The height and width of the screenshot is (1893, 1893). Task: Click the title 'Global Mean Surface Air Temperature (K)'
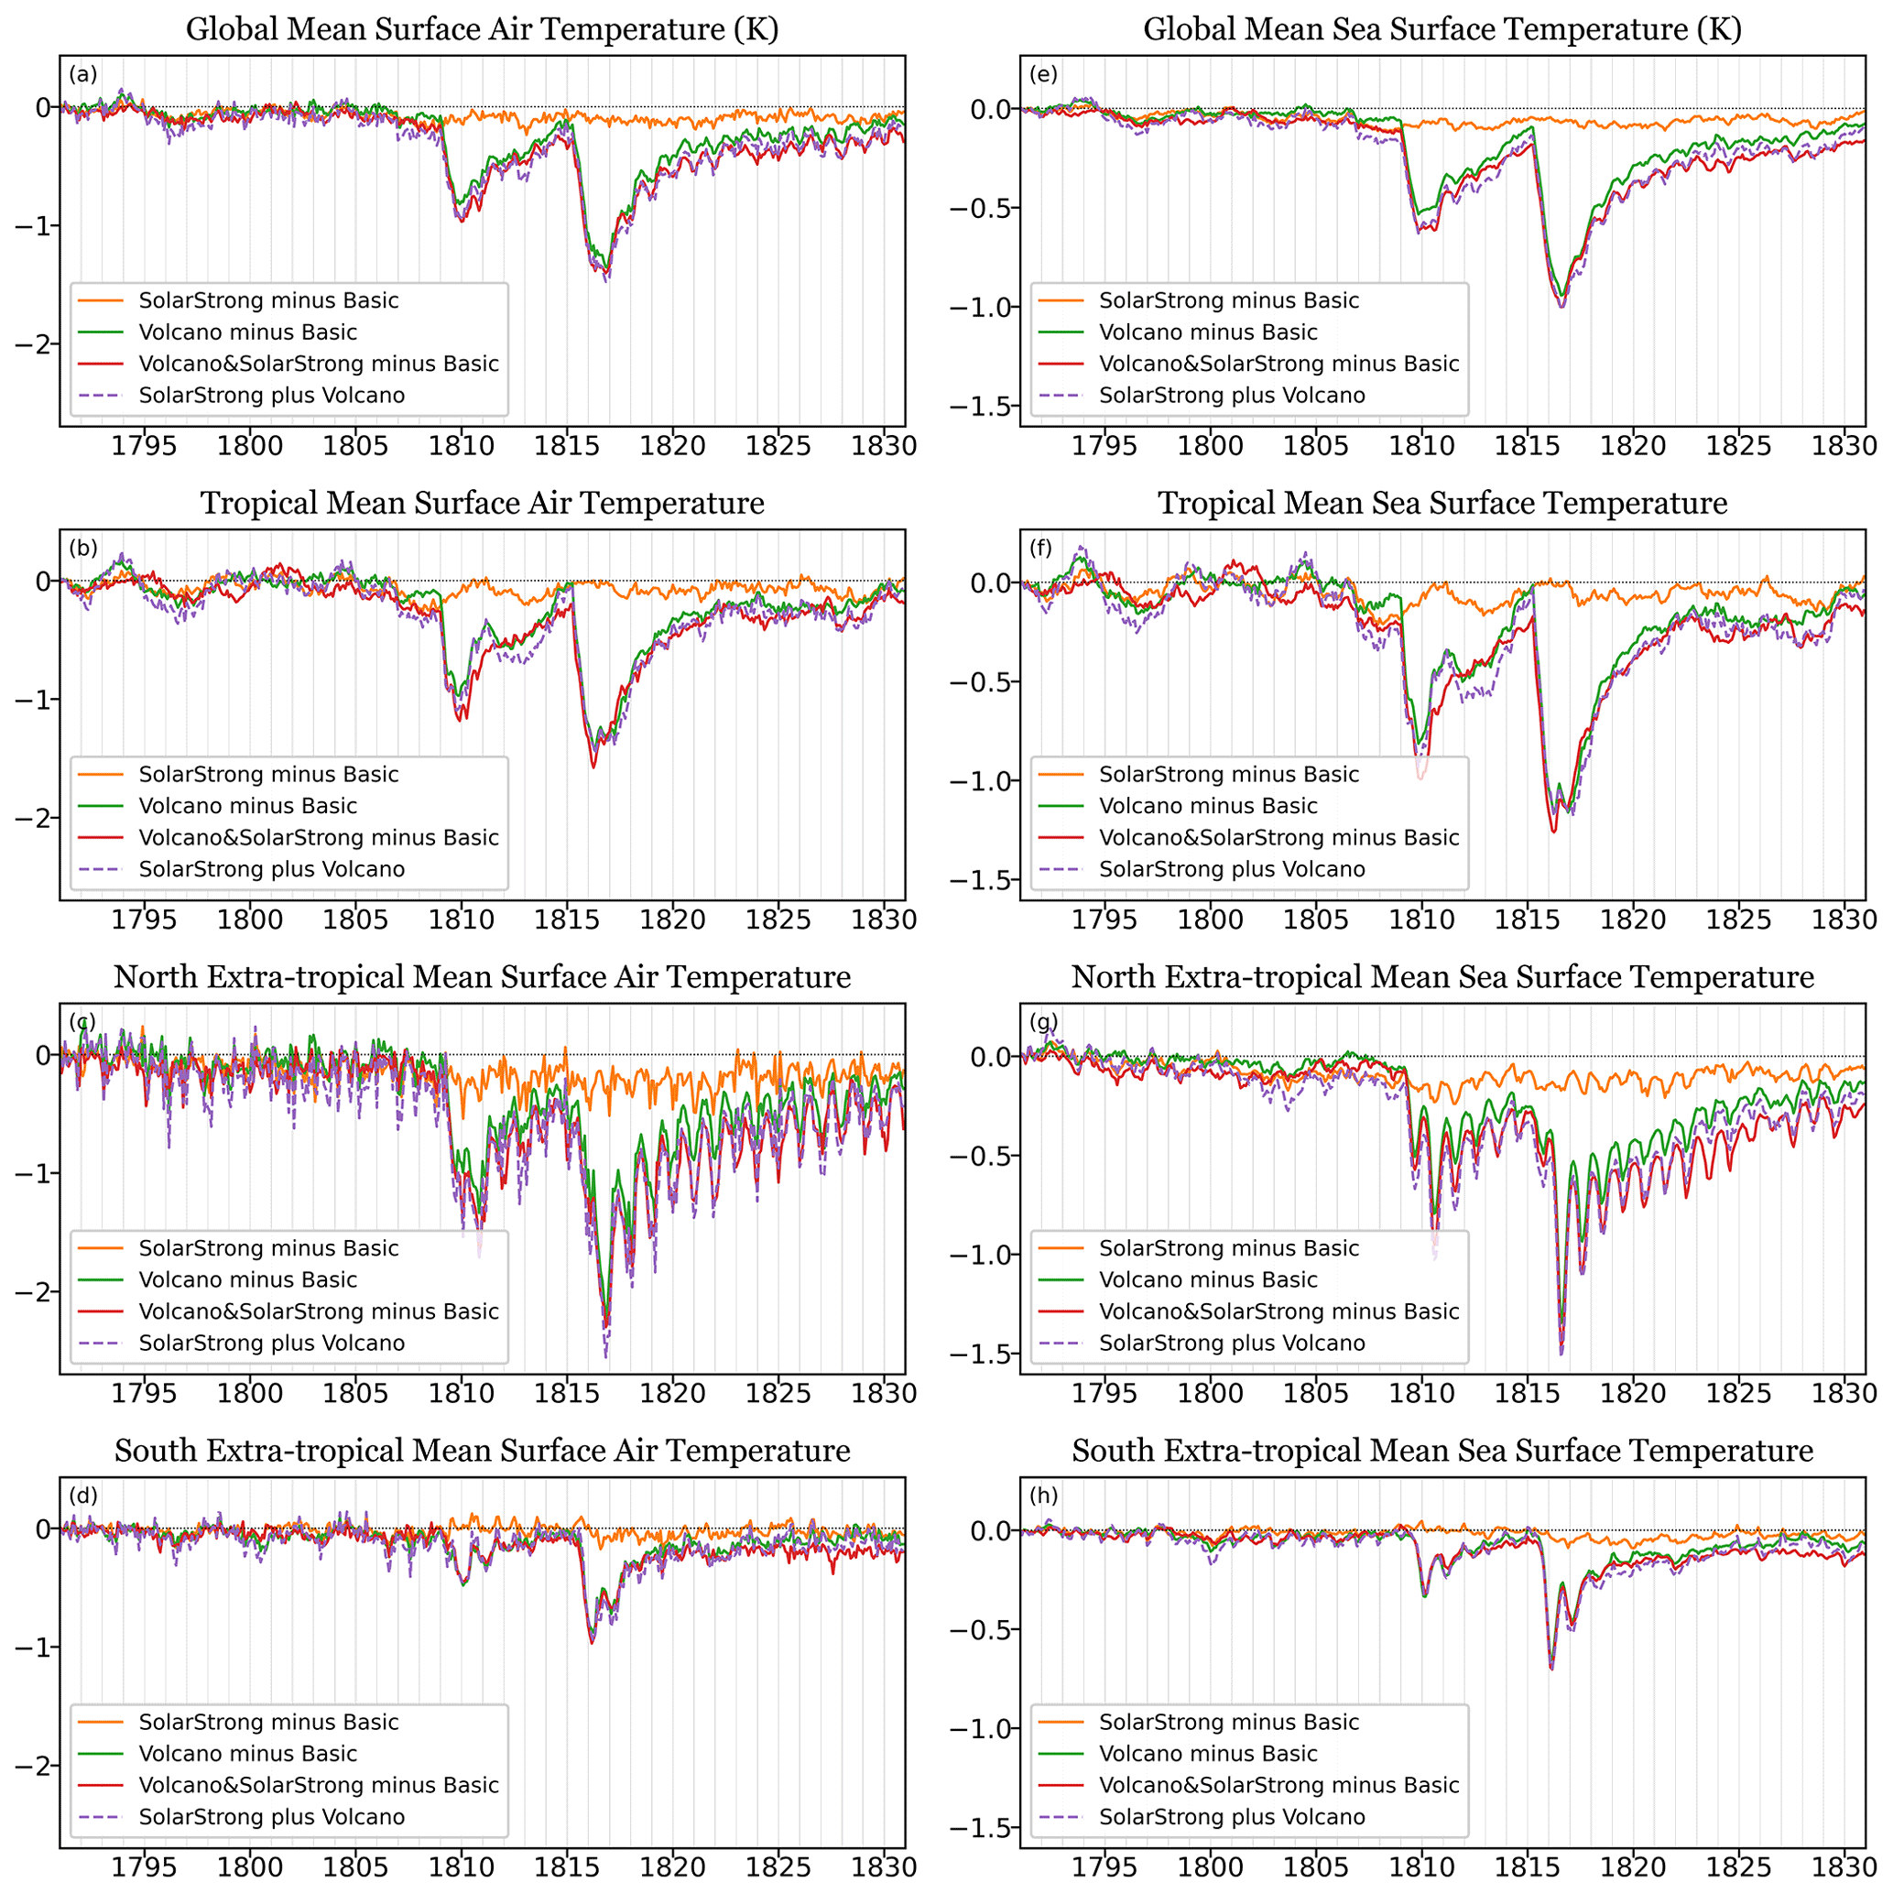[x=482, y=29]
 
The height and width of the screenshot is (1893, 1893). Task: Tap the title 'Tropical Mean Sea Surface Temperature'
[x=1442, y=503]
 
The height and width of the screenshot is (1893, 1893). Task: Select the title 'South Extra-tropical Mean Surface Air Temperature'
[x=482, y=1450]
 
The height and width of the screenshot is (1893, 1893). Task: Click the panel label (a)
[x=83, y=73]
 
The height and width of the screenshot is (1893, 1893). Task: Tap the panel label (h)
[x=1043, y=1496]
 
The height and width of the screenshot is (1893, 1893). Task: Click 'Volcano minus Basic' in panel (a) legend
[x=248, y=332]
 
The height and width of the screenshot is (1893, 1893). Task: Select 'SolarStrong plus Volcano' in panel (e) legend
[x=1232, y=396]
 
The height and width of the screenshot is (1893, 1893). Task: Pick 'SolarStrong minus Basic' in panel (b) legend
[x=268, y=774]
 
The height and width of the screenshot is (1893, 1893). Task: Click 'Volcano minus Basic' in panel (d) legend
[x=248, y=1753]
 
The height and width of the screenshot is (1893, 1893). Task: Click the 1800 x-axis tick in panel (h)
[x=1210, y=1867]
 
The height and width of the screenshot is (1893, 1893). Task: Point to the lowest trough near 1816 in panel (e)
[x=1561, y=306]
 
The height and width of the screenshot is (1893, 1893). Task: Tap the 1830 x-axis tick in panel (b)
[x=884, y=920]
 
